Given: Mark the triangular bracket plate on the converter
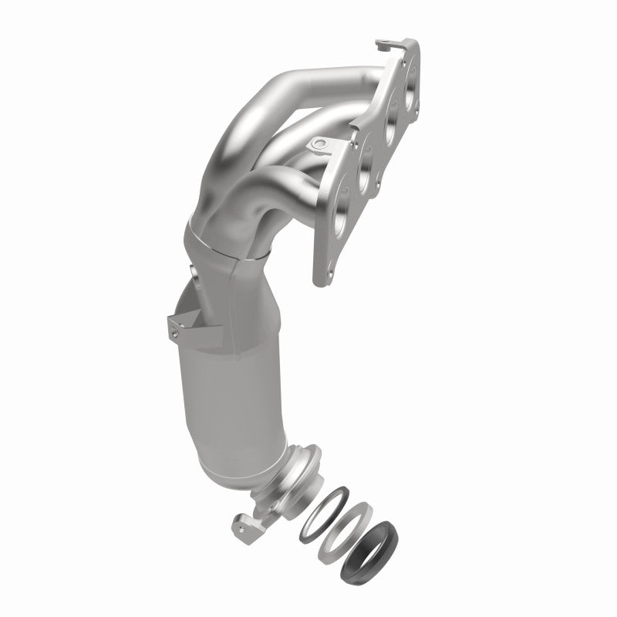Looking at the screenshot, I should pyautogui.click(x=193, y=322).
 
